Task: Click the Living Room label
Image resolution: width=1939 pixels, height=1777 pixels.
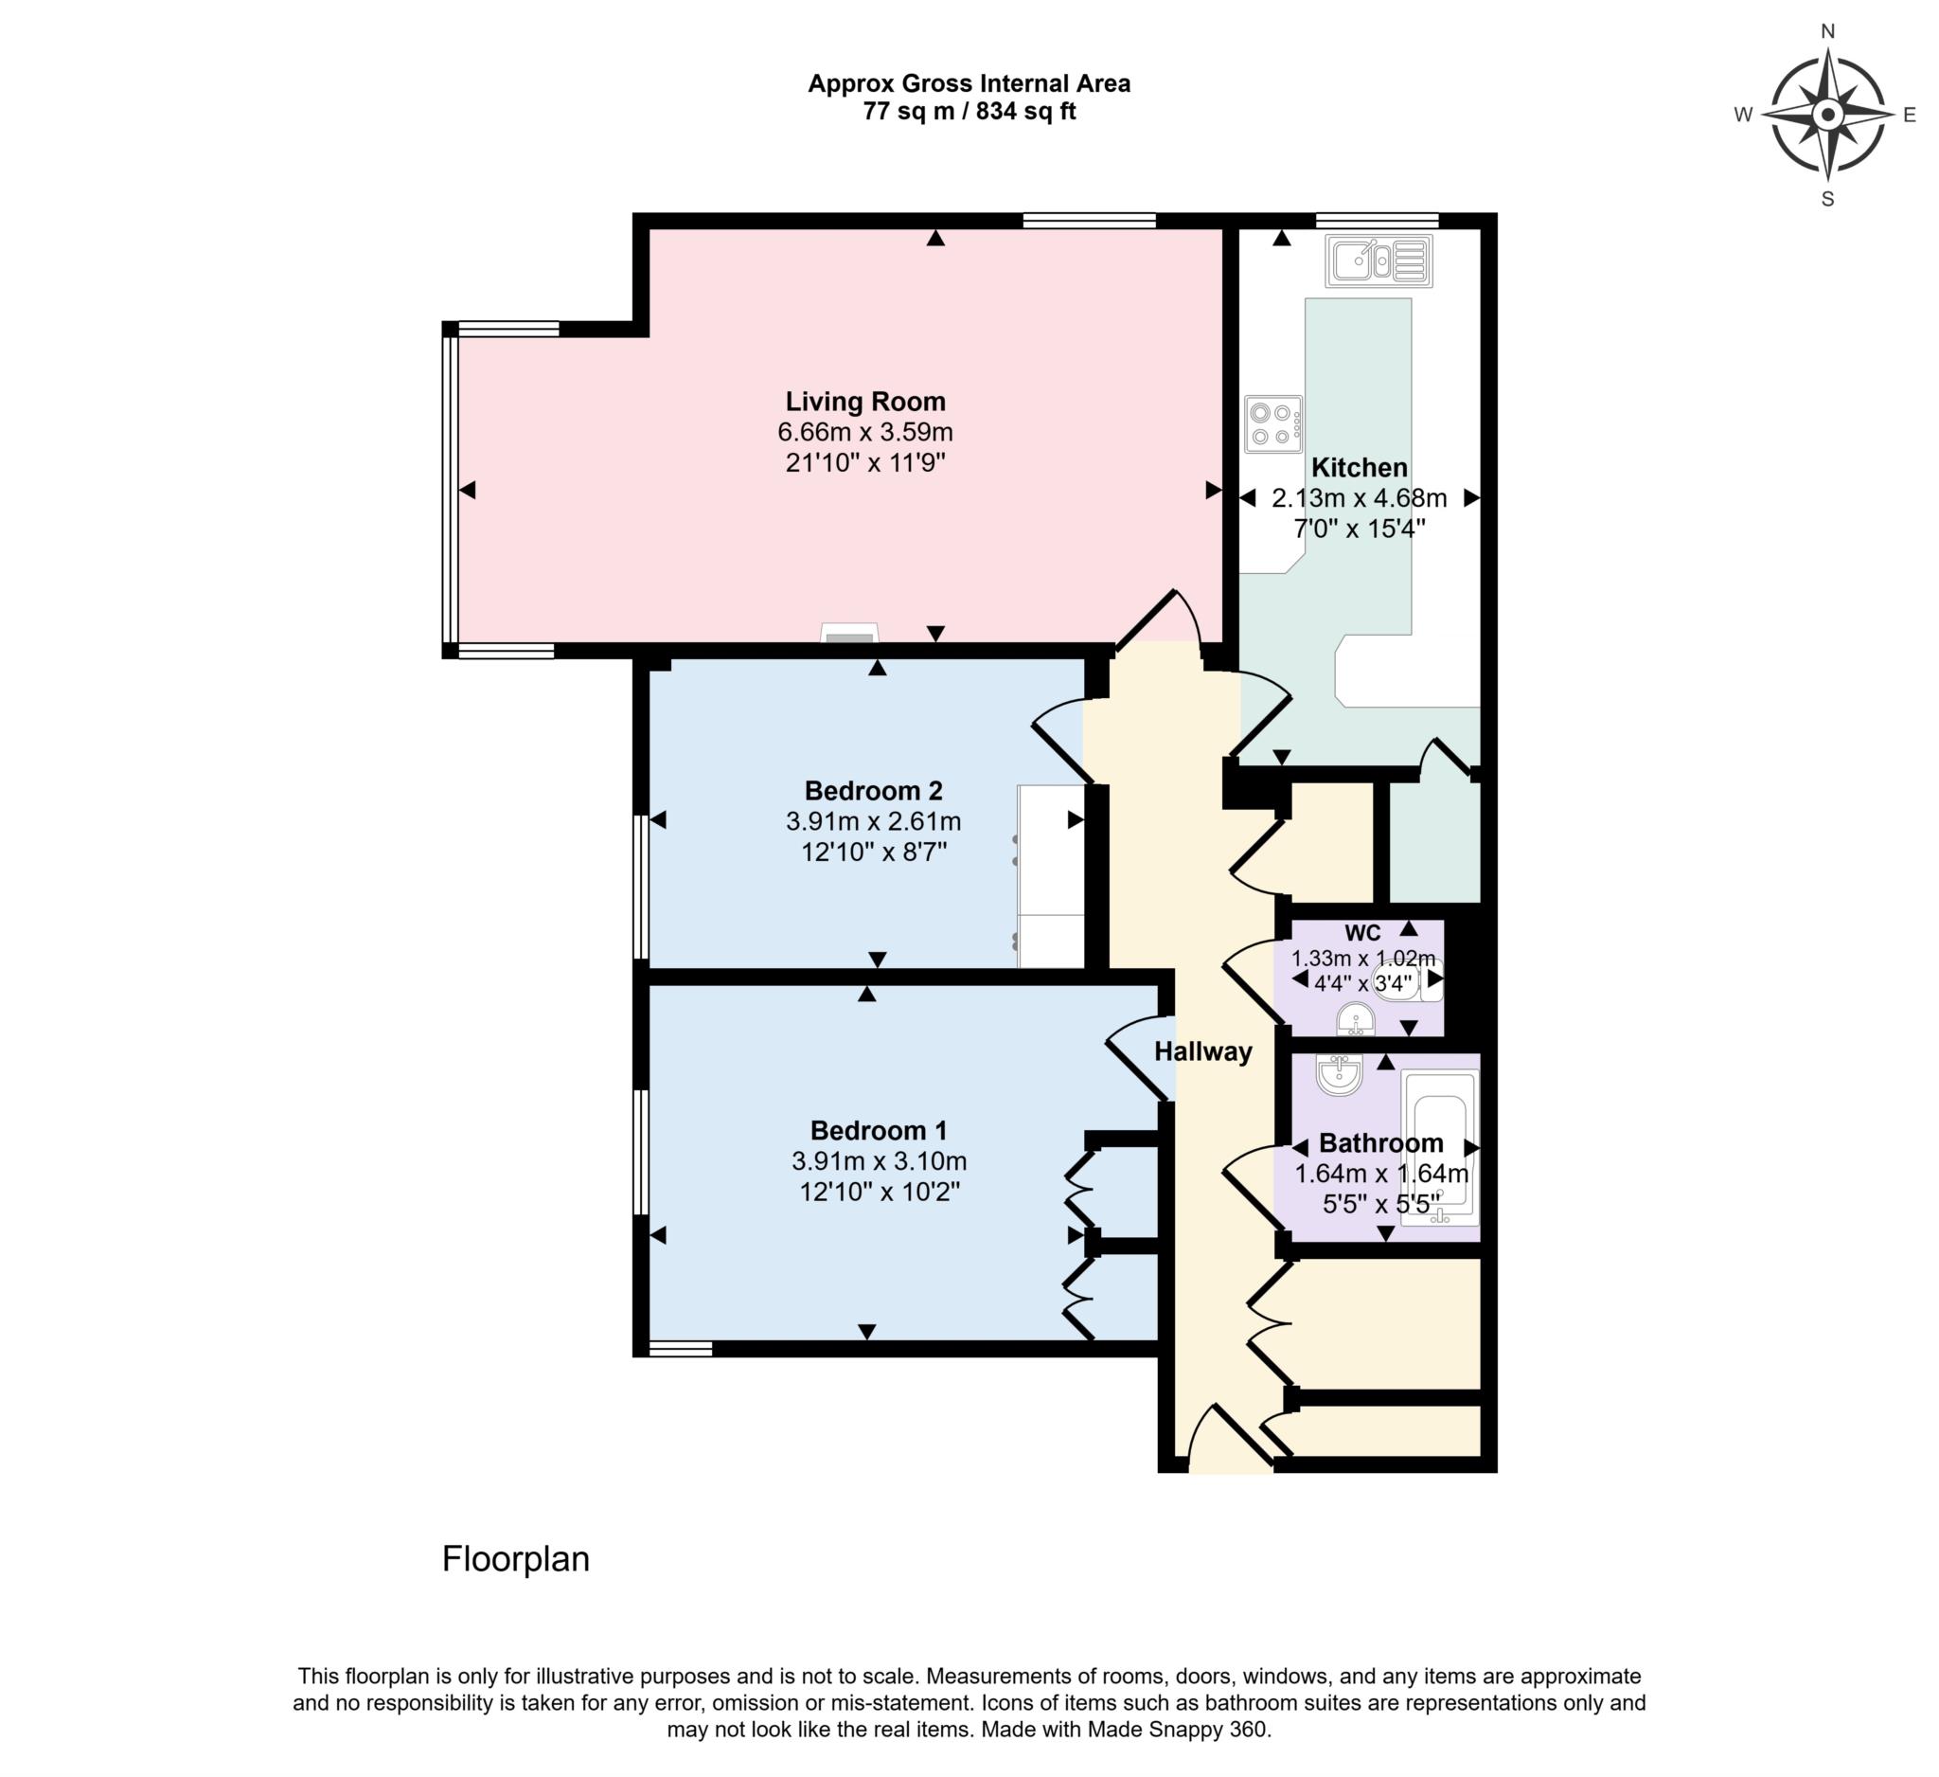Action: pos(864,402)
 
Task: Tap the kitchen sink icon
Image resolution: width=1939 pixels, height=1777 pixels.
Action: pos(1379,260)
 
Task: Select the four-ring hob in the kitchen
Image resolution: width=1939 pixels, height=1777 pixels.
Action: pos(1272,424)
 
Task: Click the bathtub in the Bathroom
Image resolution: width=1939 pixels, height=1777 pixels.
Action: pos(1439,1148)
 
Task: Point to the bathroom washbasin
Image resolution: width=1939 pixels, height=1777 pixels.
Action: pos(1338,1075)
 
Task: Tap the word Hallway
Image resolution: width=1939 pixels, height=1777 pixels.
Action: pos(1202,1051)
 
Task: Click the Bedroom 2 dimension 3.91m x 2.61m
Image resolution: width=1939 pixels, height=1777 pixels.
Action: pos(872,821)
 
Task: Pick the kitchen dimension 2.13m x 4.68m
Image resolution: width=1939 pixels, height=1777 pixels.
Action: pos(1358,498)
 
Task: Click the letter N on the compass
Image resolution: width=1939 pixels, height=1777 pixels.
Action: pos(1827,32)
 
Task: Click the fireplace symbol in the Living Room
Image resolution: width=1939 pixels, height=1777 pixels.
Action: pos(849,634)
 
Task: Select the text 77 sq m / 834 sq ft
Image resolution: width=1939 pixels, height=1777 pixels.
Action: pos(969,112)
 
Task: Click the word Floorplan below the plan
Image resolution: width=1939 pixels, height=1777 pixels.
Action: pos(516,1558)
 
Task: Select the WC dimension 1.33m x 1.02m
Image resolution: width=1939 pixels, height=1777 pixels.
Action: pos(1361,960)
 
